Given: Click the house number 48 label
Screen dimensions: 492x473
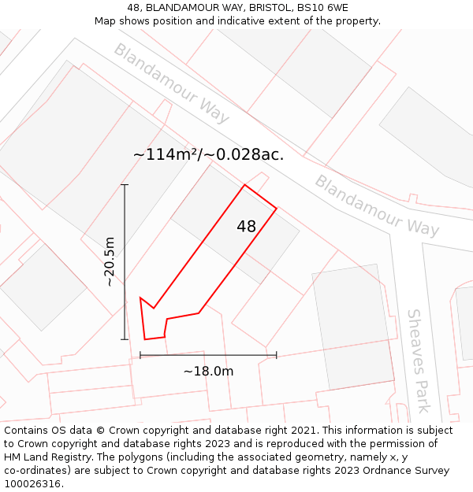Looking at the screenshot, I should click(246, 227).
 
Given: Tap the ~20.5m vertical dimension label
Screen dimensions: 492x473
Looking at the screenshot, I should click(110, 261).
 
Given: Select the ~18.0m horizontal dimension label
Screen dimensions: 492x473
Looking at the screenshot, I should click(208, 371).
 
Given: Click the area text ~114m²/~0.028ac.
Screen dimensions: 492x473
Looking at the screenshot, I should click(208, 154).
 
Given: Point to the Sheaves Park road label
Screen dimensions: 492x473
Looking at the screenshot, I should click(419, 361).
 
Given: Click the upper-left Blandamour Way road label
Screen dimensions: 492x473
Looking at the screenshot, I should click(171, 83).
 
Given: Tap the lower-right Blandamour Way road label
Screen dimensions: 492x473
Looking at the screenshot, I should click(377, 205).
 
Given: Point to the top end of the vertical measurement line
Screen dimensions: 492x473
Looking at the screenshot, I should click(125, 185).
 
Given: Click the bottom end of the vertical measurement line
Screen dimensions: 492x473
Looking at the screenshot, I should click(125, 339).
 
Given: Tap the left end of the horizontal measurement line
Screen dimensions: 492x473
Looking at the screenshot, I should click(140, 355).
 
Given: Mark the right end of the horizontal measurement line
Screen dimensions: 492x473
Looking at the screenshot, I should click(277, 355).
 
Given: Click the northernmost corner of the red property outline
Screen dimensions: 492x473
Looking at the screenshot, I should click(245, 185).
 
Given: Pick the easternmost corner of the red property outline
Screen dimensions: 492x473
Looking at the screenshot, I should click(277, 209).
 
